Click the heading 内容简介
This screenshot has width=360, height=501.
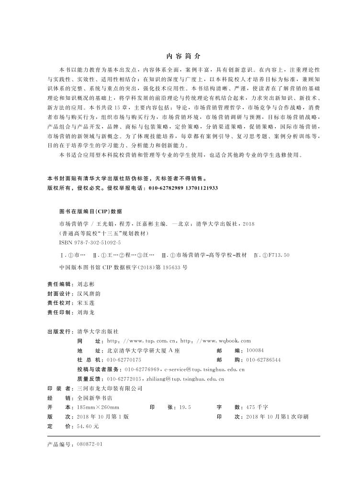click(x=180, y=56)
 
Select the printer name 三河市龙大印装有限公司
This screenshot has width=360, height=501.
click(x=106, y=388)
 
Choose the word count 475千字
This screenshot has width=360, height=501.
click(x=257, y=407)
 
